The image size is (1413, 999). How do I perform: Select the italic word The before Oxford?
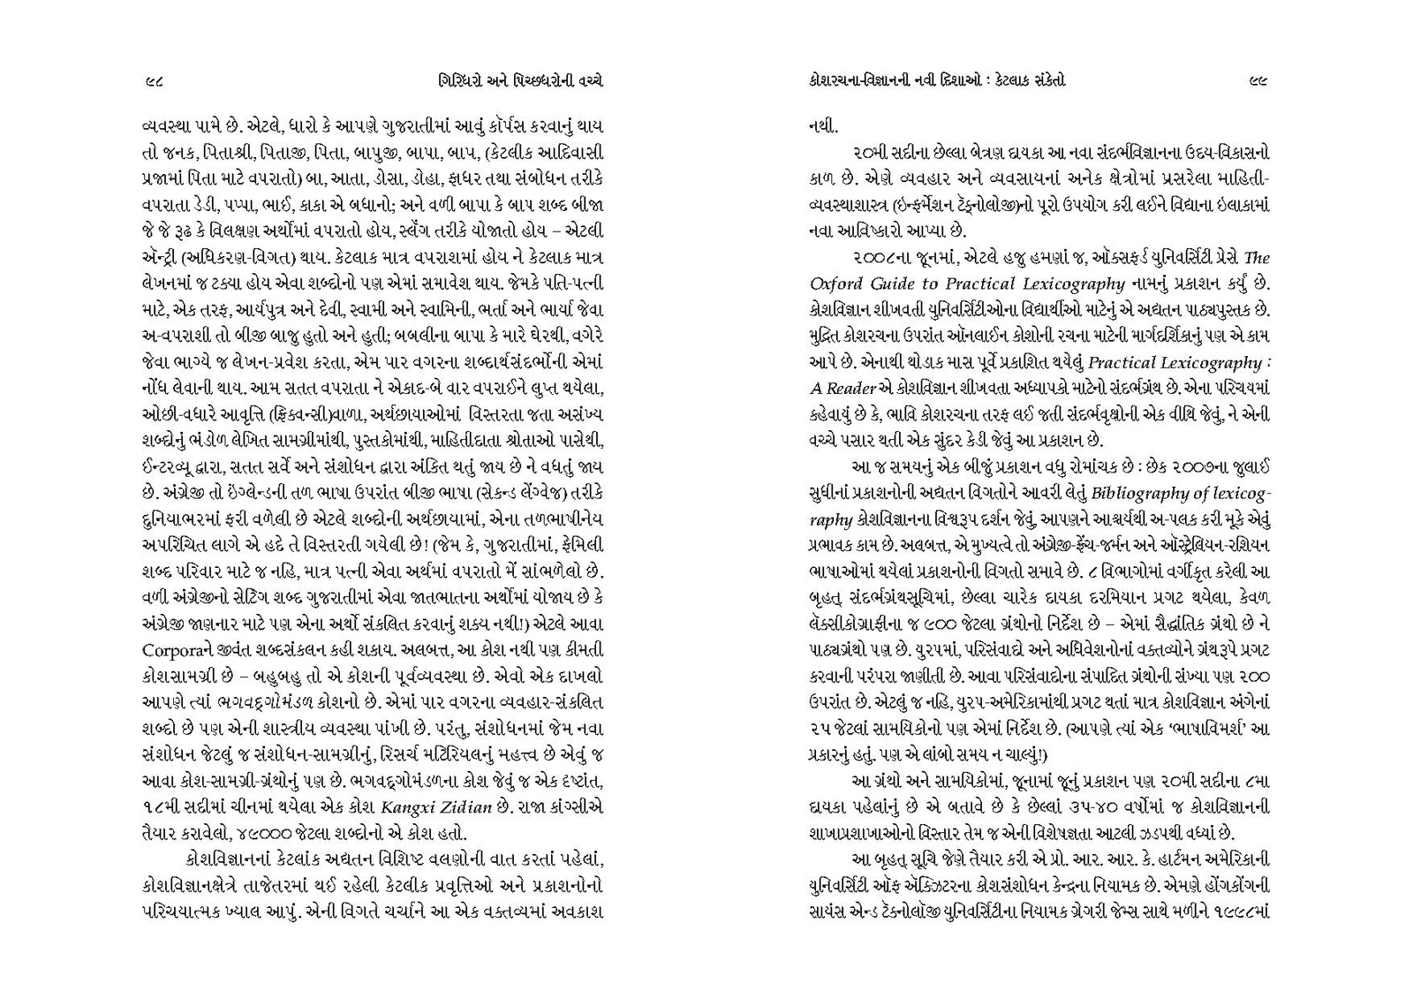pyautogui.click(x=1256, y=258)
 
